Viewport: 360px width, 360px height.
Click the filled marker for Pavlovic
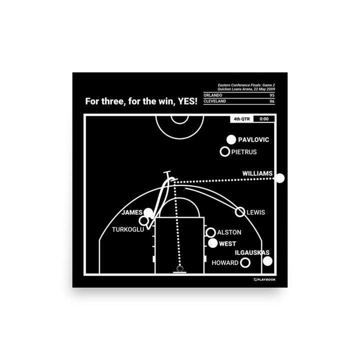pos(231,140)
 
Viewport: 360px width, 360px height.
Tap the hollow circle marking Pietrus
pos(225,152)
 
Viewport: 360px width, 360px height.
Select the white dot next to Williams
pos(280,178)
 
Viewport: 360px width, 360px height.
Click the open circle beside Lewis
pos(240,212)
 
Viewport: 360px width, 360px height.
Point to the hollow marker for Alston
pos(210,232)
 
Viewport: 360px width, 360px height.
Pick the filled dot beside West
pos(213,244)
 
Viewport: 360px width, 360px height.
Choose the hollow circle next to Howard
pos(245,262)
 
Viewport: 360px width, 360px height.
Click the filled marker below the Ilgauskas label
pos(267,261)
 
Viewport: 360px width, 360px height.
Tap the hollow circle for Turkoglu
pos(144,220)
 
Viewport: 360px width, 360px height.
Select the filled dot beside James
pos(149,213)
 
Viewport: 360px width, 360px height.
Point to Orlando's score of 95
pos(272,95)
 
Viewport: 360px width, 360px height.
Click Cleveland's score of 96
pos(272,101)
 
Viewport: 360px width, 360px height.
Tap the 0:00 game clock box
pos(264,119)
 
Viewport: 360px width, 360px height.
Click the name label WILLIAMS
pos(257,174)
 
